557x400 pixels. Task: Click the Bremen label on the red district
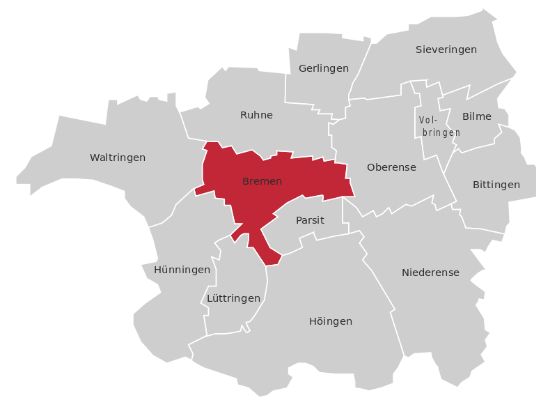(262, 182)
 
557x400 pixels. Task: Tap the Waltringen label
(118, 158)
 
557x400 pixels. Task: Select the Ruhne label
(256, 115)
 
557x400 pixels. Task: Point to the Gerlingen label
(323, 68)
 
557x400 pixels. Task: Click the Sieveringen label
(446, 49)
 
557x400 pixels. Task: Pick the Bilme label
(477, 116)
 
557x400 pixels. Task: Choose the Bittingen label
(496, 185)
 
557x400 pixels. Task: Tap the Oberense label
(391, 167)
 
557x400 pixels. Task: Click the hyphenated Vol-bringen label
(439, 126)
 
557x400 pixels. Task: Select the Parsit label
(310, 220)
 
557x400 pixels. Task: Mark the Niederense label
(430, 272)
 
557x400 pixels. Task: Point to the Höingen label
(331, 321)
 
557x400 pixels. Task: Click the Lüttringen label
(234, 298)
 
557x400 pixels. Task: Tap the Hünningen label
(182, 270)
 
